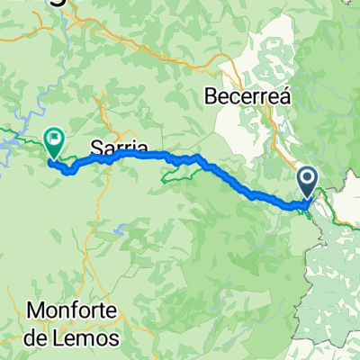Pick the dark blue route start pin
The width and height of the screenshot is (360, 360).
[308, 182]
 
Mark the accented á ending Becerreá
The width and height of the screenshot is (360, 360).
[283, 94]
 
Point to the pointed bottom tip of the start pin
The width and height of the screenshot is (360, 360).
[308, 197]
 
